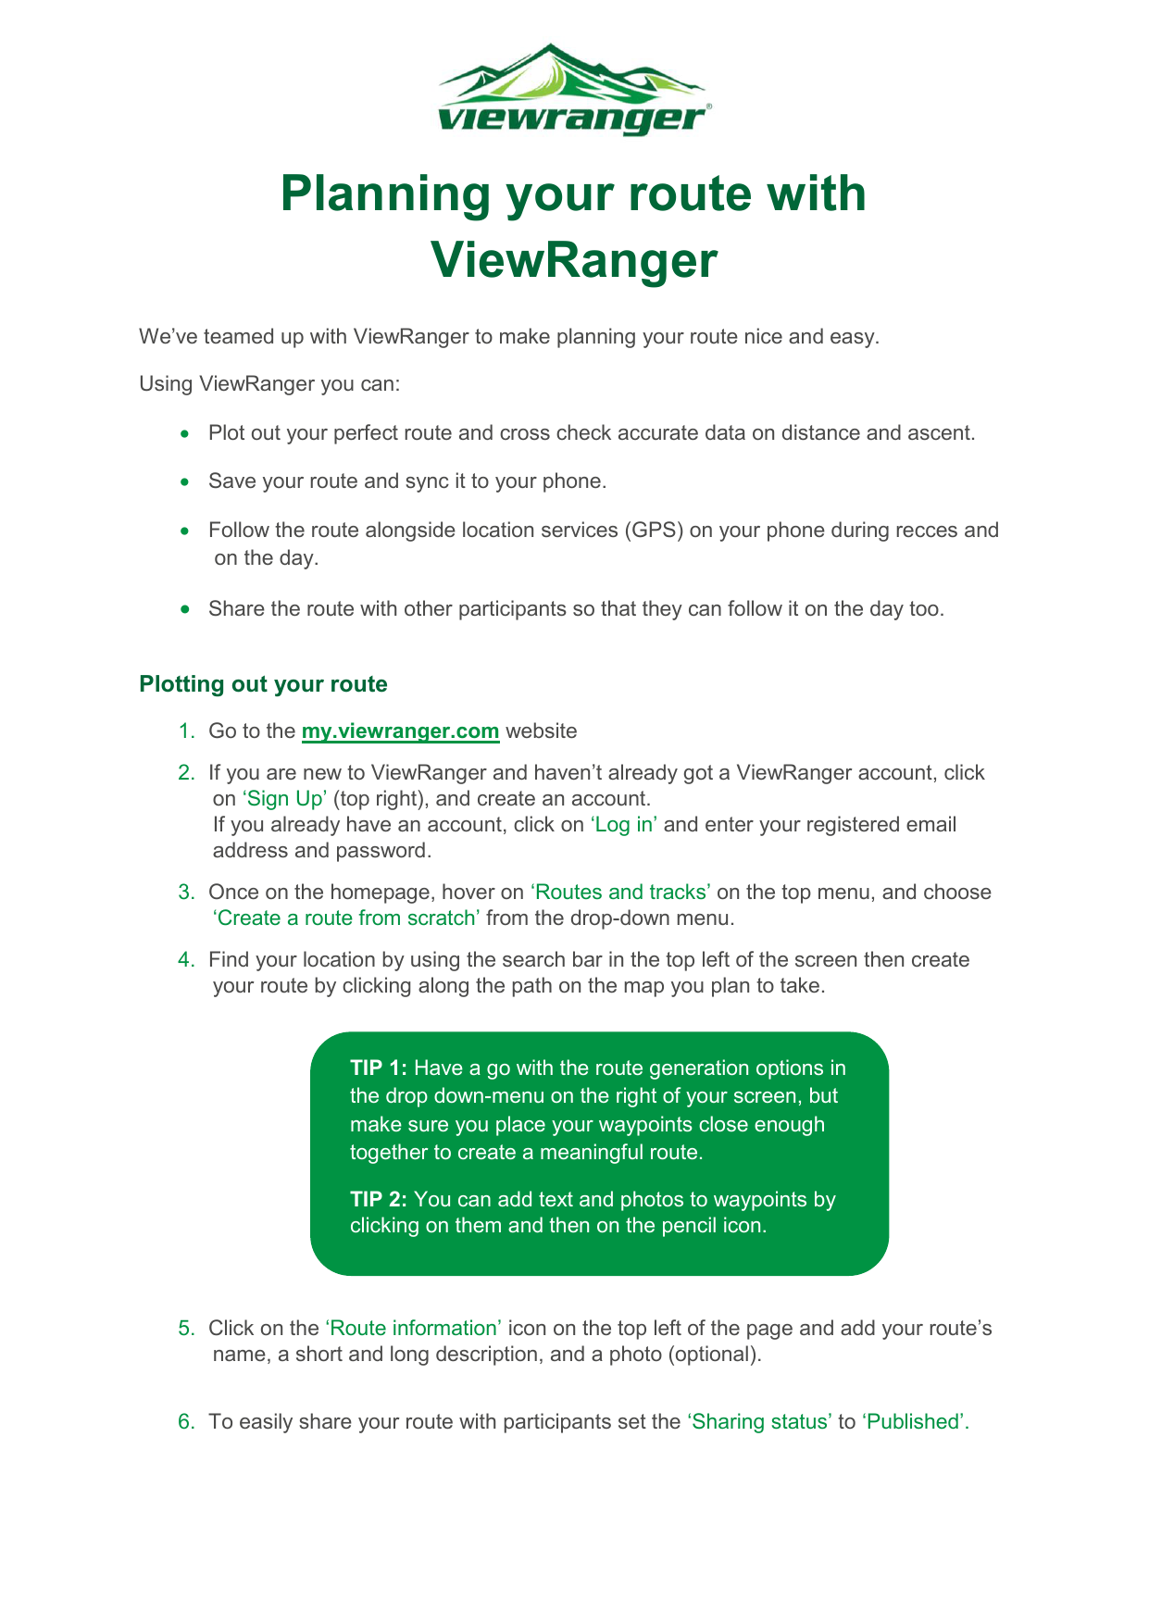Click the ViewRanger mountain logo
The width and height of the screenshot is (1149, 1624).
coord(573,89)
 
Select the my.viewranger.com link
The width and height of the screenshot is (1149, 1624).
coord(400,731)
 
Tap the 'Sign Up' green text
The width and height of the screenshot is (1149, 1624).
coord(284,798)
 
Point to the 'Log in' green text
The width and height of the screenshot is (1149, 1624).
coord(624,824)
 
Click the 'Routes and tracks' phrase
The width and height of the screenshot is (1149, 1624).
coord(620,892)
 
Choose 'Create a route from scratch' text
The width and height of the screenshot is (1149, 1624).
coord(346,918)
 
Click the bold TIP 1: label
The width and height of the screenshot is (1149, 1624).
coord(379,1068)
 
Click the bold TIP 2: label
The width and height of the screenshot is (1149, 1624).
coord(379,1199)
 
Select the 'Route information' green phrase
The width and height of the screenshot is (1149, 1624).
coord(413,1328)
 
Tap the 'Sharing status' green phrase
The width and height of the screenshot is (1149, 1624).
coord(759,1421)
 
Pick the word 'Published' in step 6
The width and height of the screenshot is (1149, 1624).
coord(915,1421)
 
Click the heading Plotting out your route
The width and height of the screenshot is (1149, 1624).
coord(263,684)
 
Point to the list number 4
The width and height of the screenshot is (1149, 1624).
coord(185,959)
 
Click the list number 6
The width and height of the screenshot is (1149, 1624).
coord(185,1421)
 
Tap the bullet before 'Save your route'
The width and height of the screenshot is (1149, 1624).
coord(186,481)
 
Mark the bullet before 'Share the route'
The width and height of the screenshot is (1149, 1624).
coord(186,609)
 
